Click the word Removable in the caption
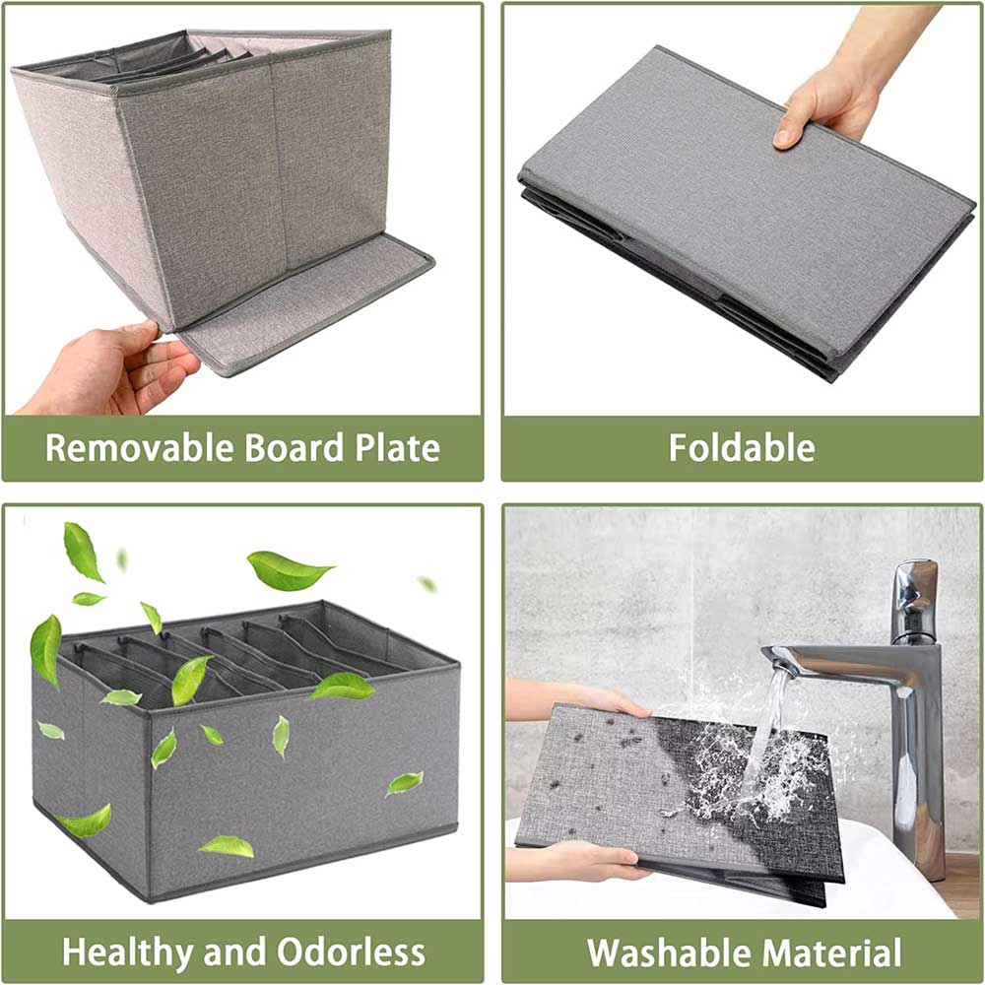click(140, 448)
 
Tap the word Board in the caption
click(294, 448)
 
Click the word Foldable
click(742, 448)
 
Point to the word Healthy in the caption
click(128, 952)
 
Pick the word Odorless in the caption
click(352, 952)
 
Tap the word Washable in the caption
click(672, 952)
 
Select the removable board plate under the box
click(307, 304)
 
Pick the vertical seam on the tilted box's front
click(279, 166)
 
